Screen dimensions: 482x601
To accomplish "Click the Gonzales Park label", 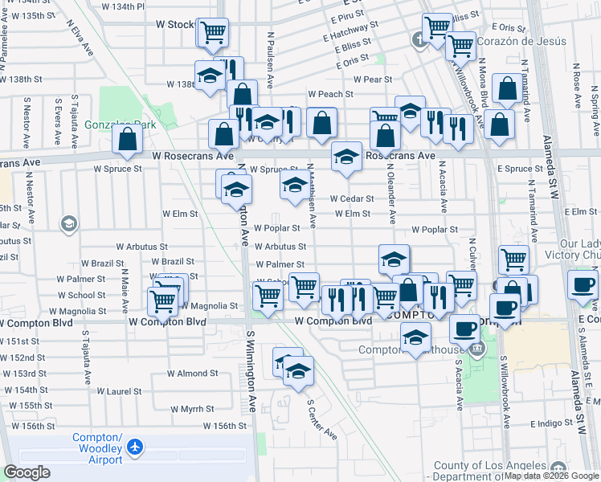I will pos(120,125).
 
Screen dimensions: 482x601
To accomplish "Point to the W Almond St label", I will pos(187,374).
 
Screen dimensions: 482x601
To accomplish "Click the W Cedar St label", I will pos(352,198).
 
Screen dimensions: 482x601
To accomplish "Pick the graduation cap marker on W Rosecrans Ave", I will pos(346,157).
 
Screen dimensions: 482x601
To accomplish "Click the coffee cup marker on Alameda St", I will pos(583,284).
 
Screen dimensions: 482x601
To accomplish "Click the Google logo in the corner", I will pos(27,472).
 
